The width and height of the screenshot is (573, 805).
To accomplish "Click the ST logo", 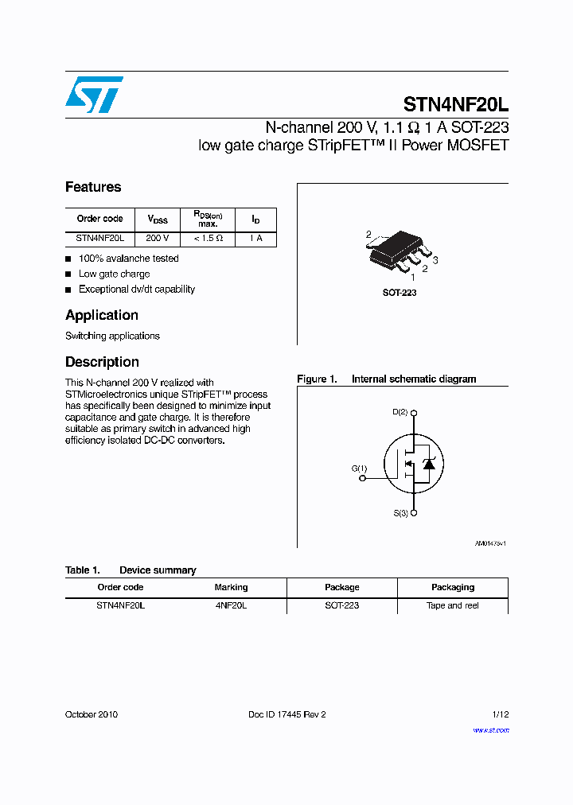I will pos(94,95).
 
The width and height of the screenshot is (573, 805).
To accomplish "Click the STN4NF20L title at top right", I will pos(455,104).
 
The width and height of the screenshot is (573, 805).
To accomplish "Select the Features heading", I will pos(93,187).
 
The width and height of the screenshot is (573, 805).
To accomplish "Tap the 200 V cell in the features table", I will pos(157,239).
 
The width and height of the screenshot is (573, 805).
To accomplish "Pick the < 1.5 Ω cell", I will pos(208,239).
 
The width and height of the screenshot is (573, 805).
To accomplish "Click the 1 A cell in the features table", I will pos(255,239).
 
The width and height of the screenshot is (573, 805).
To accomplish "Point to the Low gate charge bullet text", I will pos(114,274).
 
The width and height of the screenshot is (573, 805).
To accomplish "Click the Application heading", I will pos(102,315).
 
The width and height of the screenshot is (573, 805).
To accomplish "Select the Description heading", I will pos(102,362).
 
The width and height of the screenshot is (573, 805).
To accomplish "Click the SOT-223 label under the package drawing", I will pos(399,293).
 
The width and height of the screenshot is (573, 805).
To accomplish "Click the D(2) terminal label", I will pos(400,412).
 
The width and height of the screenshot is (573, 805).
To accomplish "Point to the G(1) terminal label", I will pos(360,469).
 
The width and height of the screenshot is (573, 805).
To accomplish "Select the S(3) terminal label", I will pos(400,514).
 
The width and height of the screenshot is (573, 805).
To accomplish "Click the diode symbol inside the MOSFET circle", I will pos(428,464).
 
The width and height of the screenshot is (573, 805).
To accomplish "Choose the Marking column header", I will pos(231,587).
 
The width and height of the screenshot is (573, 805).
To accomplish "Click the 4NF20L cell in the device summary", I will pos(231,605).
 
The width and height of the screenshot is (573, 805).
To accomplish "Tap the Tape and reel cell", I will pos(452,605).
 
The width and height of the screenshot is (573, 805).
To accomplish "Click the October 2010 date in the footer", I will pos(92,714).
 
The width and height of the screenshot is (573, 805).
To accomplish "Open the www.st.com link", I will pos(490,729).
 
